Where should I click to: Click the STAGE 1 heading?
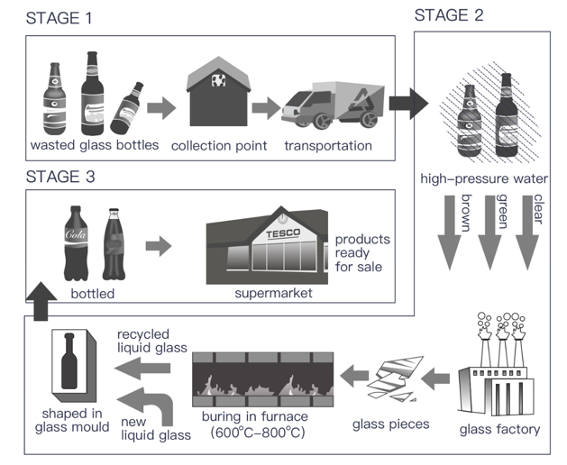[59, 18]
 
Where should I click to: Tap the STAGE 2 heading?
[448, 15]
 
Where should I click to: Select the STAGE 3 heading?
[60, 177]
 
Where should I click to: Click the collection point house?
[218, 91]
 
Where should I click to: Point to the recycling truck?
[333, 105]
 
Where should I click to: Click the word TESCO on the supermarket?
[283, 233]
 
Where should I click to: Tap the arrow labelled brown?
[450, 232]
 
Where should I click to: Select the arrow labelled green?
[489, 232]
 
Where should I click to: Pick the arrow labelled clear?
[527, 232]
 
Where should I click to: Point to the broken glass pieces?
[395, 378]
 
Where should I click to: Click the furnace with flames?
[263, 379]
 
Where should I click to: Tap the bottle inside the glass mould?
[69, 360]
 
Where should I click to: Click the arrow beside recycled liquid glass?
[142, 368]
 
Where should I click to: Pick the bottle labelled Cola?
[76, 243]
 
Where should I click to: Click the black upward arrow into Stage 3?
[41, 301]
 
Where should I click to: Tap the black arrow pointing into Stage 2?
[408, 104]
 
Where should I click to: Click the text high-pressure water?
[484, 178]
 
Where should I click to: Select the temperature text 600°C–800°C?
[258, 433]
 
